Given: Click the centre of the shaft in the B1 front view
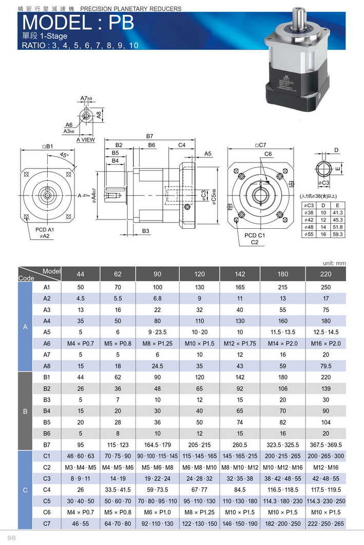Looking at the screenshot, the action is click(x=47, y=195).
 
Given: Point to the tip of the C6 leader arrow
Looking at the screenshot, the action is click(x=267, y=181).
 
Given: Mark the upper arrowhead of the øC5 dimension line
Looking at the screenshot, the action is click(x=218, y=168).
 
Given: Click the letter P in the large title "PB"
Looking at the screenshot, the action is click(x=115, y=23).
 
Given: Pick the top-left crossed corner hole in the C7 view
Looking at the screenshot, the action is click(x=237, y=171).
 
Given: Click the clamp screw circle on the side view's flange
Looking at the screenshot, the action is click(x=188, y=207).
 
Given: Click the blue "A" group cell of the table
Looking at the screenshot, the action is click(x=25, y=326).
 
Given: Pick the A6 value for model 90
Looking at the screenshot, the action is click(x=157, y=343).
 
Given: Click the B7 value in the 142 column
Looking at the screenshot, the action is click(x=240, y=445).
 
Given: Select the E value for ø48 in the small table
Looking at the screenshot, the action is click(x=337, y=227).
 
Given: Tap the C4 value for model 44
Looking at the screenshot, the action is click(x=81, y=490).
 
